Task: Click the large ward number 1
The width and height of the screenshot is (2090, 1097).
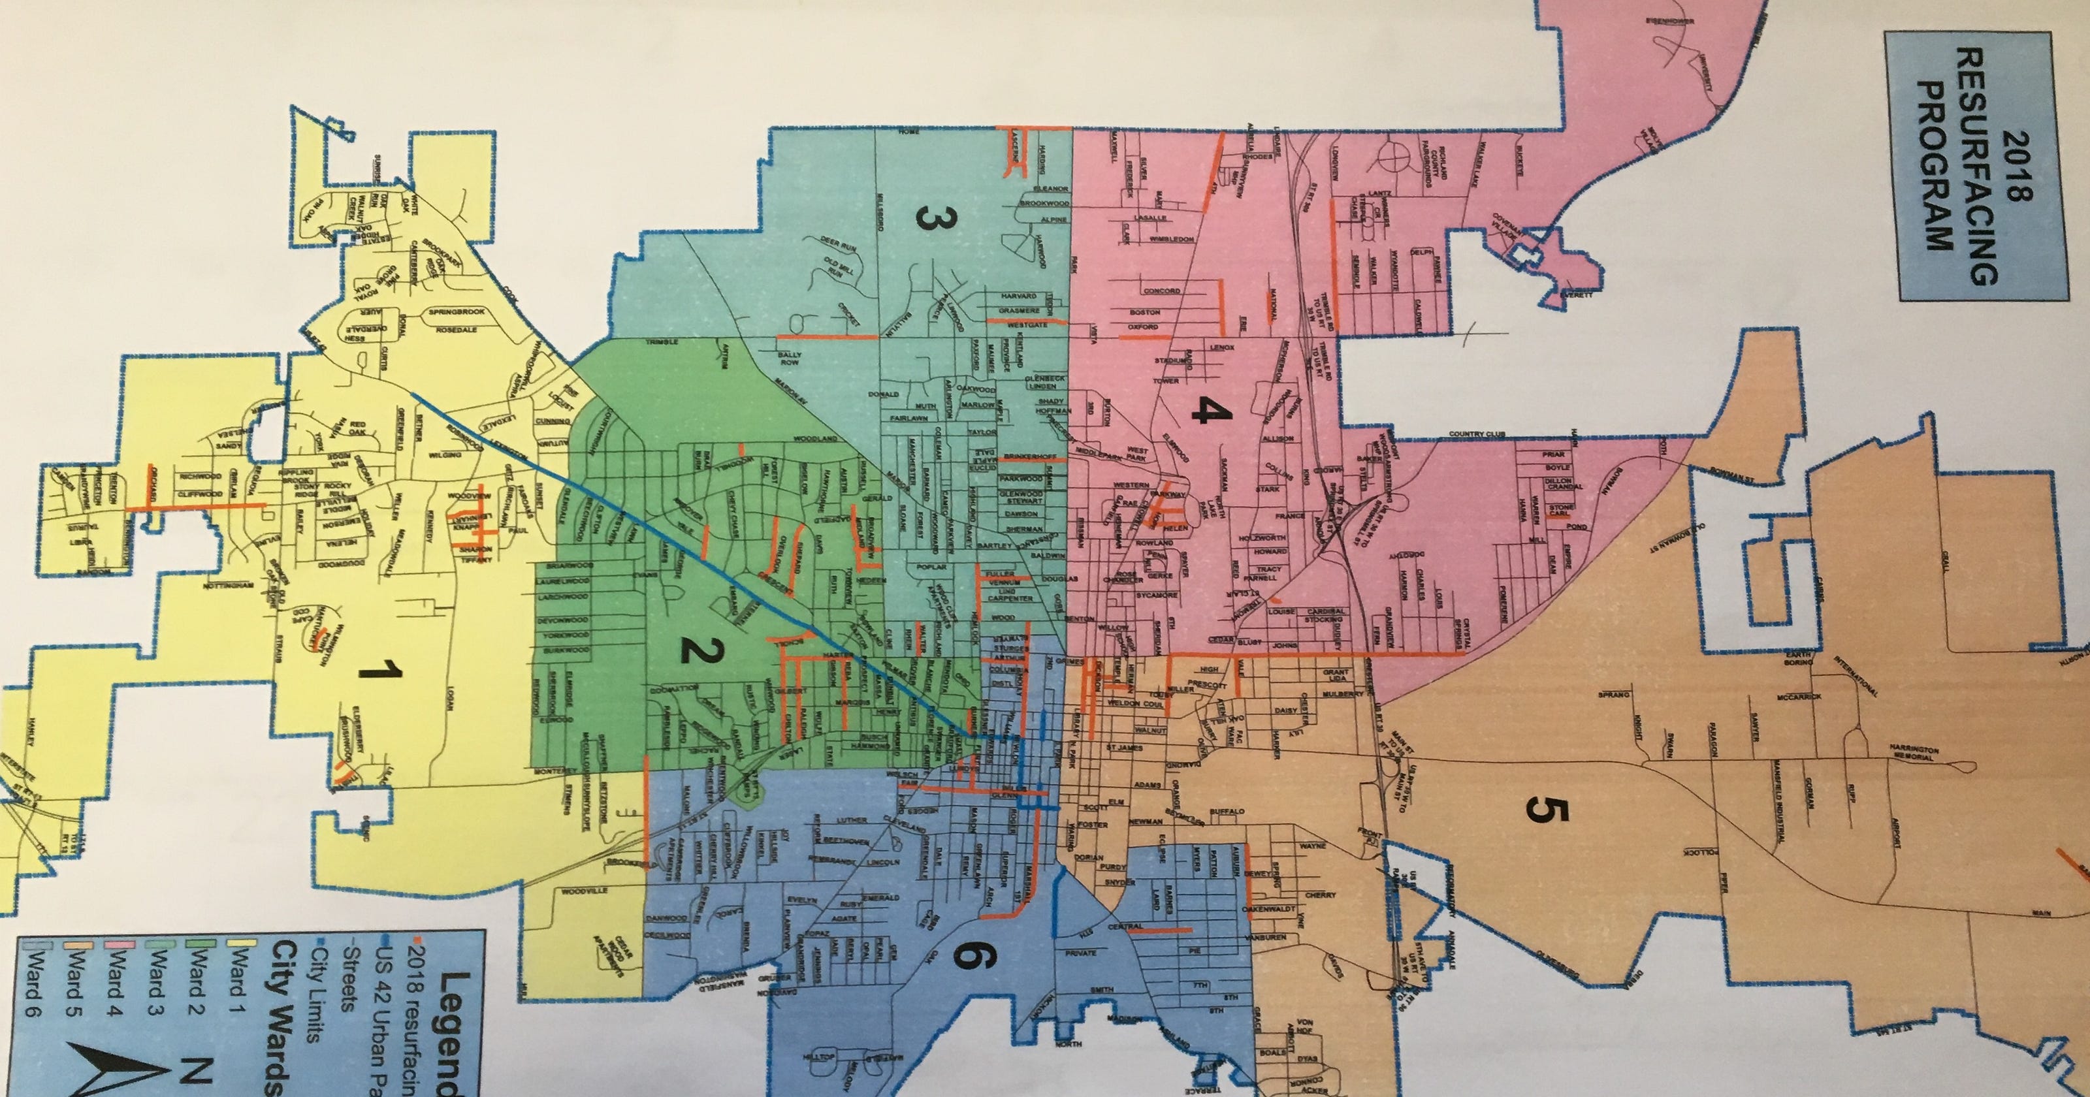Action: [x=381, y=670]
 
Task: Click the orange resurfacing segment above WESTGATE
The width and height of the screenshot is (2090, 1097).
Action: [x=1006, y=320]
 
